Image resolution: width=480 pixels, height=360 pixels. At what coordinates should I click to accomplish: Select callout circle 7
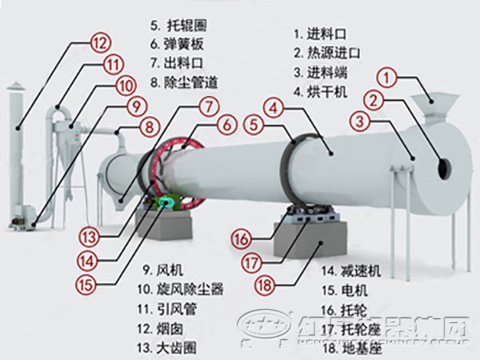[x=209, y=105]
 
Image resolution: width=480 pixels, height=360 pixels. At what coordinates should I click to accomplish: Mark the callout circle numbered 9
[x=136, y=105]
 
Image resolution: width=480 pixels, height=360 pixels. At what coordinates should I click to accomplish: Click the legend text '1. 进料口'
[x=322, y=34]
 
